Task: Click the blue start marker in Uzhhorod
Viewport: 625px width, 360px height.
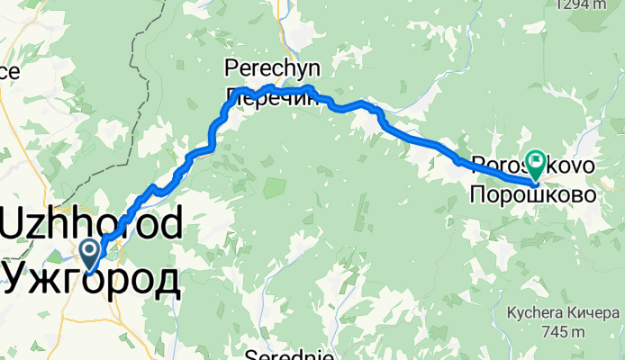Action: tap(90, 251)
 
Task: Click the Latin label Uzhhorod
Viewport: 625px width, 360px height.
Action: tap(93, 221)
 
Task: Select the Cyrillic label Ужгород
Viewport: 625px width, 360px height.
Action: tap(90, 277)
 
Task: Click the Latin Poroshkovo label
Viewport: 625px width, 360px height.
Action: tap(533, 166)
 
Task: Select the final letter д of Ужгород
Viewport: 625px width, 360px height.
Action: tap(165, 279)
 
